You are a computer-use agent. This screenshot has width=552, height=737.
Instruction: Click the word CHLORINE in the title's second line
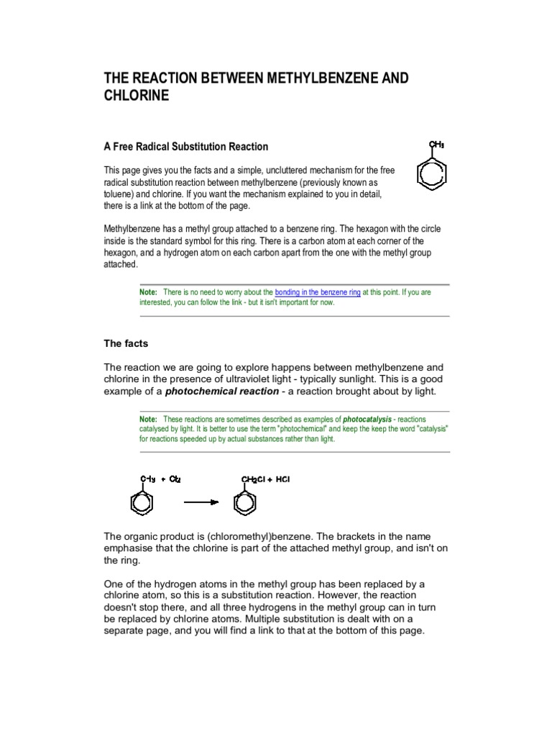137,96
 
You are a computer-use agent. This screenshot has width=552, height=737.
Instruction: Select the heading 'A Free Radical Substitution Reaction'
186,147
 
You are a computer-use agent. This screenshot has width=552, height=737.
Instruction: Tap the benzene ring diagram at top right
431,174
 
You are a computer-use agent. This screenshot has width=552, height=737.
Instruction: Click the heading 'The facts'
126,344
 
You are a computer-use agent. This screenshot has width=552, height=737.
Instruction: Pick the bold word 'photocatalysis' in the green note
368,418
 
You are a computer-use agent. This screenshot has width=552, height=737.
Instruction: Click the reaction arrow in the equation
201,502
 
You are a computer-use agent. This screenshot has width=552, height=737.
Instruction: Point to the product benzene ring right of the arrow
245,502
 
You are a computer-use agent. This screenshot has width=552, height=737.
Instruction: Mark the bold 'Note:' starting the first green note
148,292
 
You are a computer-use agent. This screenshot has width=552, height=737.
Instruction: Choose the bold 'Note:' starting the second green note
148,418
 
